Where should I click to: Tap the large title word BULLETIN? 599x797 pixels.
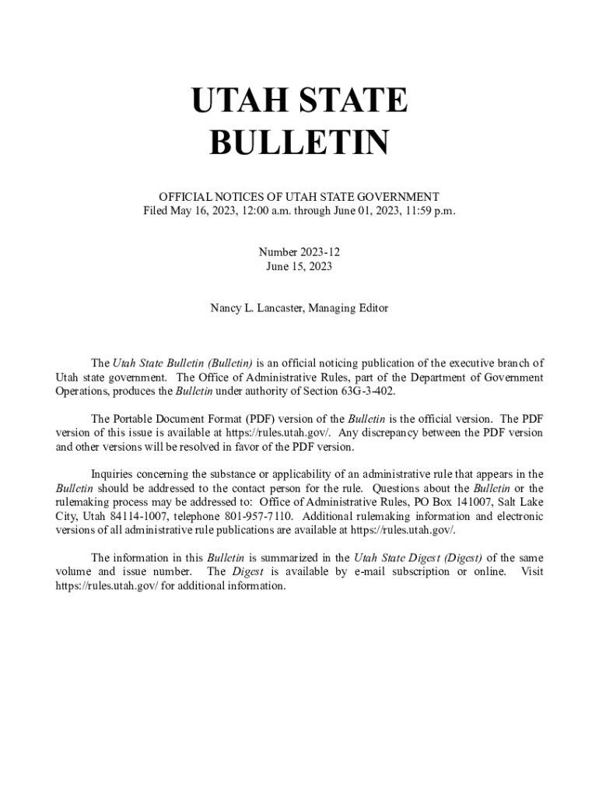pos(299,143)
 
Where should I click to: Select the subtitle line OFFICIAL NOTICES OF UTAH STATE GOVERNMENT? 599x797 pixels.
pos(299,197)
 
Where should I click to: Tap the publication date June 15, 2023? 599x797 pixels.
pos(299,267)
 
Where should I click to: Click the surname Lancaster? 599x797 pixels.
pos(278,308)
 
